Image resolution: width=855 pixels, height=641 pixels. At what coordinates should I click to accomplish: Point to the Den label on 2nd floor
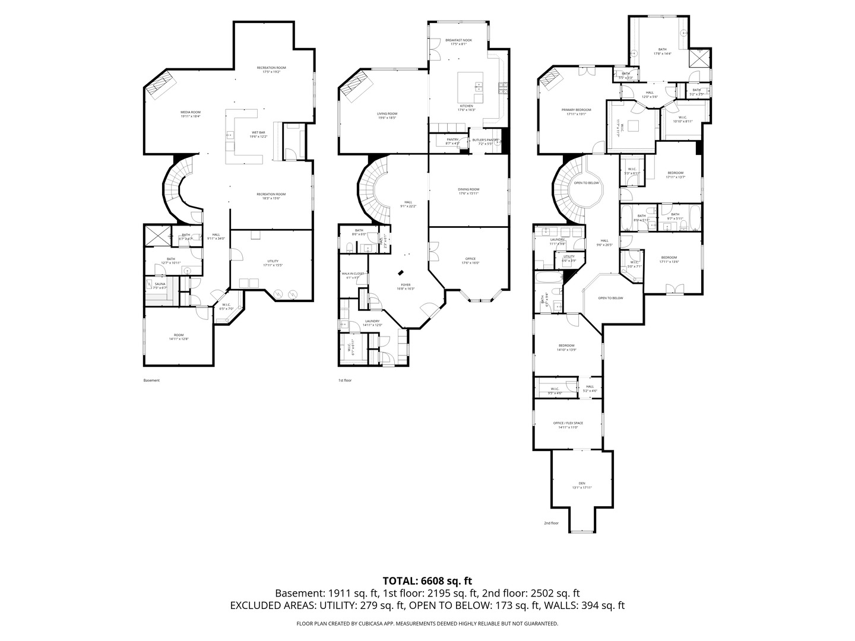582,484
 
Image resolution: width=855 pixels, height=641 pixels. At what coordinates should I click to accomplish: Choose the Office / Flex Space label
568,423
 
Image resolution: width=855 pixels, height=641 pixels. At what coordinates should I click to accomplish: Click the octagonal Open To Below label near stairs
586,183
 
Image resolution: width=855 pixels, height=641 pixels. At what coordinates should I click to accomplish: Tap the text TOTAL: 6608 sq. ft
427,580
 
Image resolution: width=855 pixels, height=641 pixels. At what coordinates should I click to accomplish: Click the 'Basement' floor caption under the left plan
151,380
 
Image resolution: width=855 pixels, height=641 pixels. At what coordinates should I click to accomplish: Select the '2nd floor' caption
551,523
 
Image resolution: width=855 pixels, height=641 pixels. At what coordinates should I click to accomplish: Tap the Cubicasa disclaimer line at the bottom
427,624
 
